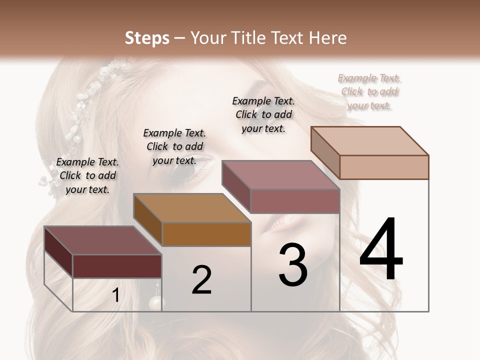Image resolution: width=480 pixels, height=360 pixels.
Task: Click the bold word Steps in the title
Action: coord(147,38)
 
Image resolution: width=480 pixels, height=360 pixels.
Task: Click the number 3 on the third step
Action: coord(293,265)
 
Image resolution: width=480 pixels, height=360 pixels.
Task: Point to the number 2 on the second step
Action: coord(201,279)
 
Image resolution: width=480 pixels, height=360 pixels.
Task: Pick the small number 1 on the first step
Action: coord(116,295)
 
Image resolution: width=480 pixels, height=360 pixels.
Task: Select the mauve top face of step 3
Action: coord(280,175)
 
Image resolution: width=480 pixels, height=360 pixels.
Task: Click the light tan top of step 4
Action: coord(370,140)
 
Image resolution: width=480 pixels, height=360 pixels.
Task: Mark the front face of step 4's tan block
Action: coord(384,167)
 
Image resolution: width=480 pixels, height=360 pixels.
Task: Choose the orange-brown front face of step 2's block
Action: coord(206,234)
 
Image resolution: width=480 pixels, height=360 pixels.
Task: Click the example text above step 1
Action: coord(87,175)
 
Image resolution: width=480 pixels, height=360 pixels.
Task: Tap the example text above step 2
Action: coord(174,146)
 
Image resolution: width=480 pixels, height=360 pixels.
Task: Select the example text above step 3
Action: coord(263,114)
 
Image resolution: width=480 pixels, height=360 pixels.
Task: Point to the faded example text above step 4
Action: coord(369,91)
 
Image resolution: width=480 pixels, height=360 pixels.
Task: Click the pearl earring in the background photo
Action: coord(156,302)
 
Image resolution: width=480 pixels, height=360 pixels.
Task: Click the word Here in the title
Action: coord(328,38)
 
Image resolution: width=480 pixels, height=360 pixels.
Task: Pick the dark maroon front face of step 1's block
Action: coord(117,266)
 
